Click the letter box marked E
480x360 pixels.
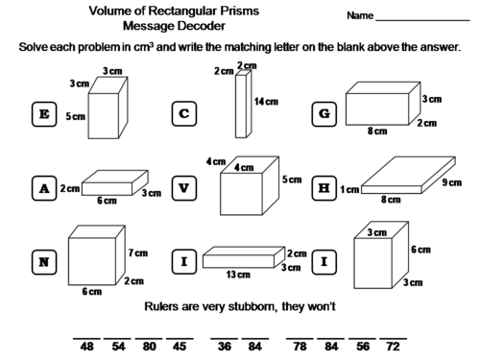coord(42,114)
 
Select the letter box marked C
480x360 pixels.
coord(183,114)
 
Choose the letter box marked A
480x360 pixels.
coord(42,188)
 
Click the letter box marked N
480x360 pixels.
coord(42,261)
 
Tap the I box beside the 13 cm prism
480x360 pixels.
coord(183,261)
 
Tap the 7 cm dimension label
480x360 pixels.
coord(138,252)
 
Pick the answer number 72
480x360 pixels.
coord(392,346)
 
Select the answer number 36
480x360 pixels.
coord(226,346)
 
